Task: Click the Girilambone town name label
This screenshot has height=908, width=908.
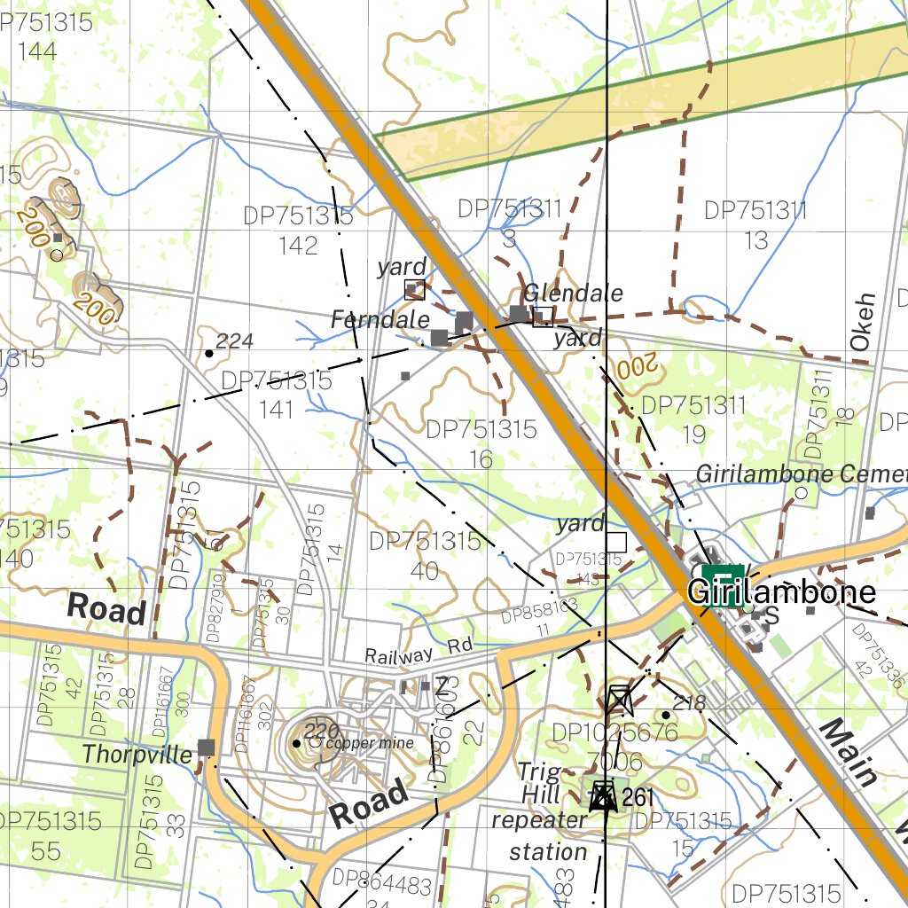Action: [x=781, y=592]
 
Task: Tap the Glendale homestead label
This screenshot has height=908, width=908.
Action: [x=573, y=294]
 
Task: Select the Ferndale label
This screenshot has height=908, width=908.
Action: [x=380, y=320]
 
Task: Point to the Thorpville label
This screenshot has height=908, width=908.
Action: [x=137, y=755]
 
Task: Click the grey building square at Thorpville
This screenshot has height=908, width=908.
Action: [x=207, y=748]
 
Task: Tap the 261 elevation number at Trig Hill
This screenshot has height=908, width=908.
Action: [x=638, y=797]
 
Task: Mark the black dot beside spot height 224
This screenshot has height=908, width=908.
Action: [x=208, y=353]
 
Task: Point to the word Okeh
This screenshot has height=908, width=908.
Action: [x=865, y=328]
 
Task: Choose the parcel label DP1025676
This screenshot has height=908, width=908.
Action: [x=614, y=733]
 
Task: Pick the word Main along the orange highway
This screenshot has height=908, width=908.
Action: [x=848, y=752]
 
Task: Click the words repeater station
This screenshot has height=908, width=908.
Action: [x=540, y=835]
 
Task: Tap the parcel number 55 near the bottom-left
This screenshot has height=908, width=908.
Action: [x=45, y=852]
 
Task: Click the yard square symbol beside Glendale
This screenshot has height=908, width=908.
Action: [x=543, y=316]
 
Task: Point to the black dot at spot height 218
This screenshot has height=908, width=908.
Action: [x=665, y=715]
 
